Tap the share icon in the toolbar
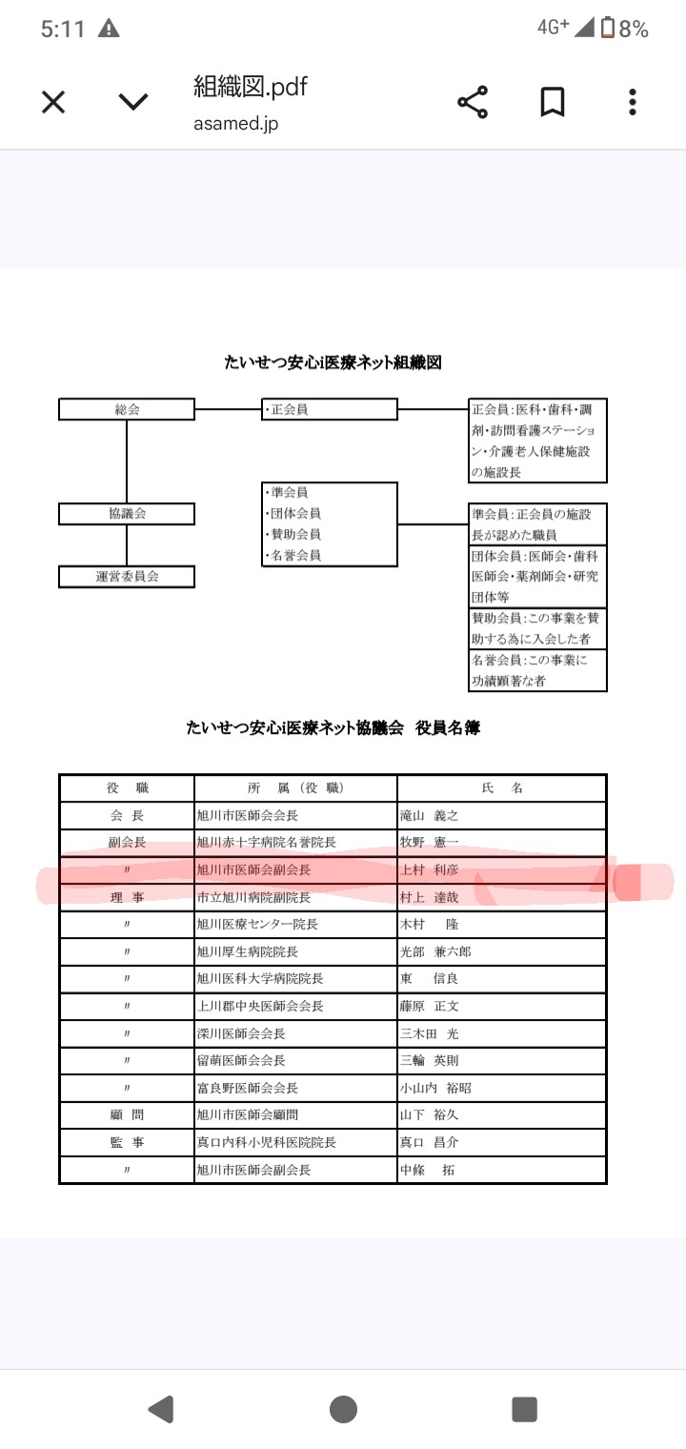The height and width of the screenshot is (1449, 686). [473, 102]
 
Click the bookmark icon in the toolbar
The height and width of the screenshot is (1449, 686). [553, 102]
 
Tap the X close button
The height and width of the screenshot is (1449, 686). [53, 102]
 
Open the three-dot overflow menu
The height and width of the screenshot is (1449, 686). [633, 102]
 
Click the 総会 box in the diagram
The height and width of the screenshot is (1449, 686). [127, 410]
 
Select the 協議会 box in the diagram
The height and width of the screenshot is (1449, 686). [127, 514]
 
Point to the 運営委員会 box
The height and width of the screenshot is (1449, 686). [127, 577]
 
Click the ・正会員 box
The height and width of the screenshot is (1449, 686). [330, 410]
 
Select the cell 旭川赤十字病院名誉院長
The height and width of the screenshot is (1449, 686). [267, 843]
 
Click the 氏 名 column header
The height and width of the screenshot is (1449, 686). [502, 788]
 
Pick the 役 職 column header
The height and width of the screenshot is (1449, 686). [127, 788]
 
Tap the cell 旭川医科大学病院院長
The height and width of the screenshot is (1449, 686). [260, 979]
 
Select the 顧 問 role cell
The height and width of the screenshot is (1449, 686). [127, 1114]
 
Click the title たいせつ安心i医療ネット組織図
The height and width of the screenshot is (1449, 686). [333, 362]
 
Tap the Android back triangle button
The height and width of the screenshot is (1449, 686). [161, 1409]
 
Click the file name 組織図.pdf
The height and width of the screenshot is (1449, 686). [251, 87]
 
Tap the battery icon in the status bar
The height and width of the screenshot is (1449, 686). [607, 29]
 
